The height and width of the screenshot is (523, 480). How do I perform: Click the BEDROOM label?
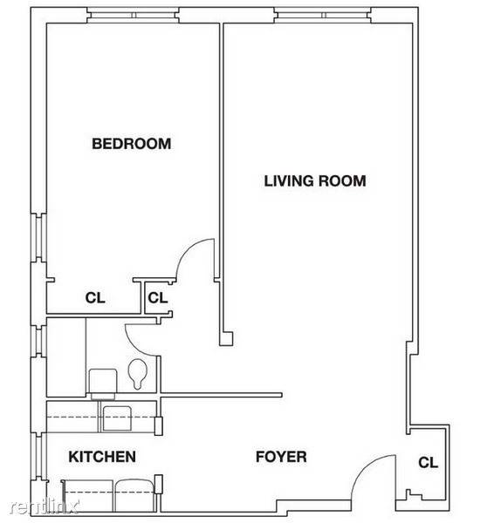[x=131, y=144]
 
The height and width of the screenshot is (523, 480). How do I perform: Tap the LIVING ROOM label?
[x=315, y=180]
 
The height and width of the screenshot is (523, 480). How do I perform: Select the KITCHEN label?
[x=102, y=457]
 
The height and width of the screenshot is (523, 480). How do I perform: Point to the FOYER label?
[x=281, y=457]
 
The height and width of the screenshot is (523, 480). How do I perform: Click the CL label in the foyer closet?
[x=428, y=463]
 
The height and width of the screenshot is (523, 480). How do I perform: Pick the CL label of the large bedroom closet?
[x=95, y=297]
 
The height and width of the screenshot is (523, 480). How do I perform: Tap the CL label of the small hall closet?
[x=158, y=297]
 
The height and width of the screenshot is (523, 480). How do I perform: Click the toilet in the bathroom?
[x=138, y=374]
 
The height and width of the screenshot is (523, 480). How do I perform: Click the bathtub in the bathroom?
[x=66, y=357]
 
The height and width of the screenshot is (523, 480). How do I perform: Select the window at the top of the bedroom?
[x=134, y=16]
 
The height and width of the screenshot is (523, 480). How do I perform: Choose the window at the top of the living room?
[x=323, y=16]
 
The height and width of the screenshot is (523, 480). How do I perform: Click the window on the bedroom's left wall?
[x=38, y=237]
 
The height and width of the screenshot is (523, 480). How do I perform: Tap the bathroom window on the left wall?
[x=38, y=340]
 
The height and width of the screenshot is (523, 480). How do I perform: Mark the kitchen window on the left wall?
[x=38, y=456]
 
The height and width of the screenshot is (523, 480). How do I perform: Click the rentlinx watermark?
[x=45, y=507]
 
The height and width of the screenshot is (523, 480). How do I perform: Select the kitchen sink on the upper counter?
[x=117, y=418]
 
